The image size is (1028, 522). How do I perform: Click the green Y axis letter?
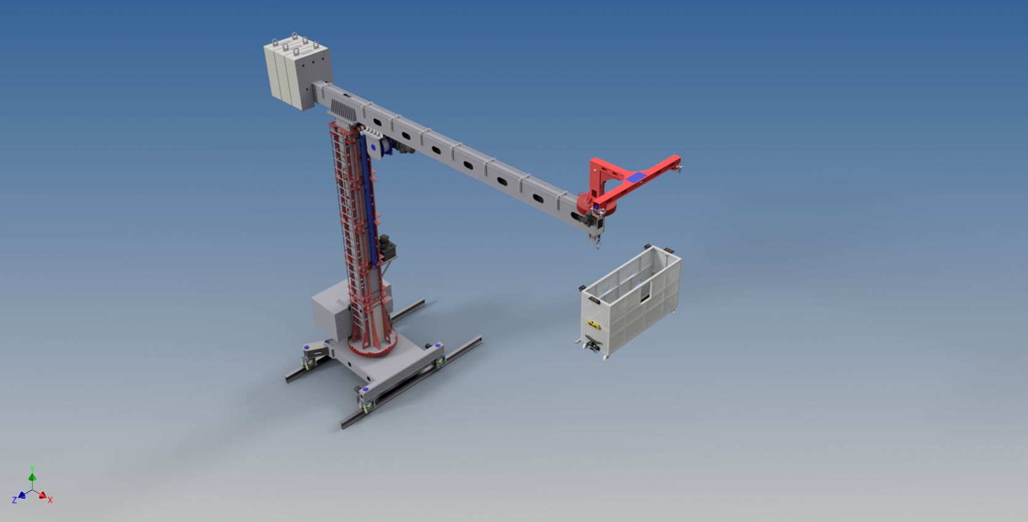point(32,468)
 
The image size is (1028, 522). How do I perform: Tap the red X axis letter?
point(50,500)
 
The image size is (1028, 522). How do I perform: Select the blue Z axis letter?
point(14,500)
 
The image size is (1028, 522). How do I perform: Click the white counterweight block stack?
point(297,73)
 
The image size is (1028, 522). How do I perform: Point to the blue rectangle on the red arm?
point(636,177)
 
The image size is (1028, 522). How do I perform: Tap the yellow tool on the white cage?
point(593,325)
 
